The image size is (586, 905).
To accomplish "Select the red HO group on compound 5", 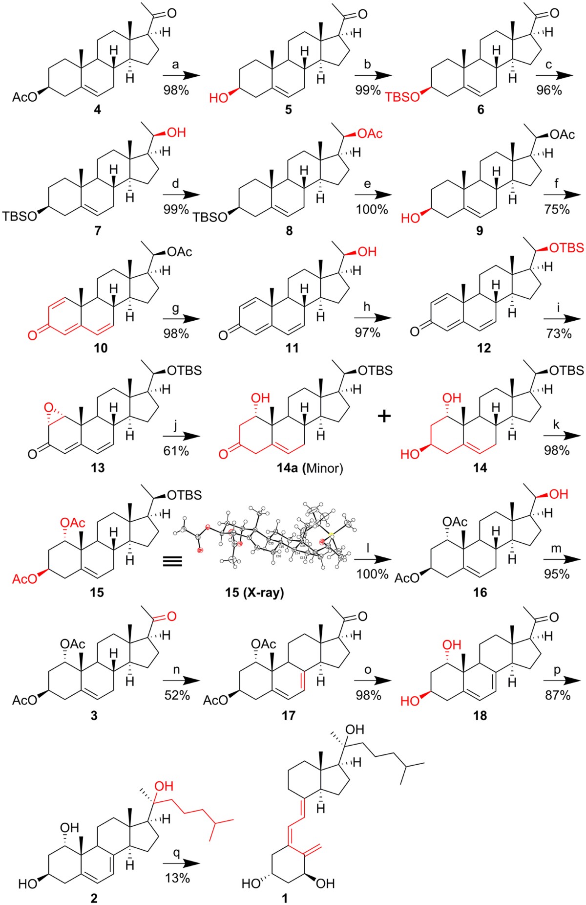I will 218,98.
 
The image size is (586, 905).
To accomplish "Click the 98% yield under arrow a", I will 176,90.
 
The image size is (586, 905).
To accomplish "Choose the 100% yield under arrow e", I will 372,210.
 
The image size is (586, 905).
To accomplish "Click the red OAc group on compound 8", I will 370,133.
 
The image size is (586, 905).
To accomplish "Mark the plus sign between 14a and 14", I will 385,417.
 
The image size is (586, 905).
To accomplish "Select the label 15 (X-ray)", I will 254,593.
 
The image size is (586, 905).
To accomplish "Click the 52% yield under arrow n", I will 176,695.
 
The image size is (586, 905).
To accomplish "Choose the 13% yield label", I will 176,878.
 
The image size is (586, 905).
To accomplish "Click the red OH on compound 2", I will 164,786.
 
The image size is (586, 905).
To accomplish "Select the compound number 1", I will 285,898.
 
